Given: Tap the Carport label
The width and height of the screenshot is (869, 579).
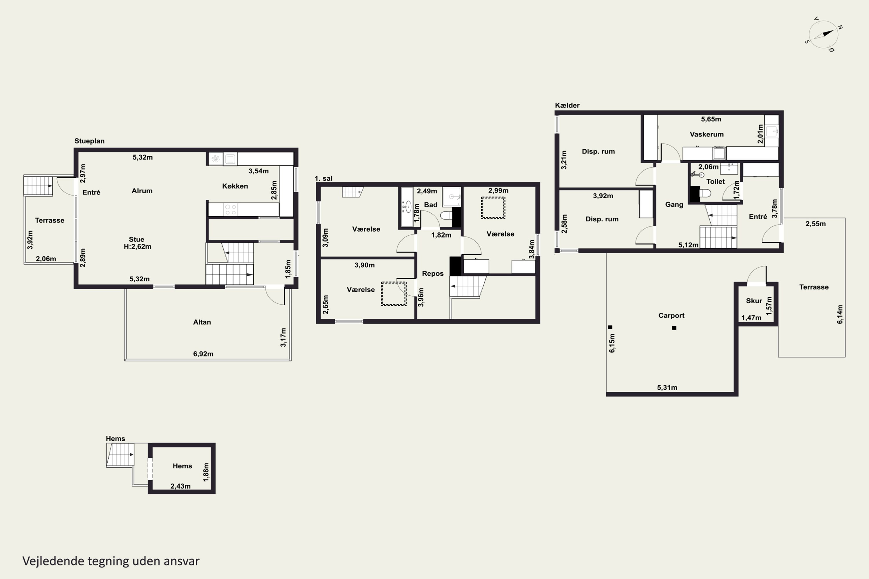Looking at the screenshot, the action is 671,315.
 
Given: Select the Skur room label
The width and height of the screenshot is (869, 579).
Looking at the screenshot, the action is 754,301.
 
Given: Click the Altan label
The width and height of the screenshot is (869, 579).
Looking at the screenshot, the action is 202,322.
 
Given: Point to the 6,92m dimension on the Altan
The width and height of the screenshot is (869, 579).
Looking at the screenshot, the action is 203,354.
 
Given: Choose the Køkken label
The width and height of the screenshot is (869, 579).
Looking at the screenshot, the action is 235,186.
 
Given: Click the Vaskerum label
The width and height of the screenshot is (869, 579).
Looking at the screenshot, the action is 706,134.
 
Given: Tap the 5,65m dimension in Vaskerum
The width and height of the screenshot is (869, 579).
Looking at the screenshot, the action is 711,119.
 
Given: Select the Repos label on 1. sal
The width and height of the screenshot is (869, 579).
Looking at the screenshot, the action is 433,274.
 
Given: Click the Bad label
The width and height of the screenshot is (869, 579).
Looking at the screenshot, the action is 431,205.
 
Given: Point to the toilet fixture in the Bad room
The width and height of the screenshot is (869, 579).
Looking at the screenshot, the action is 446,215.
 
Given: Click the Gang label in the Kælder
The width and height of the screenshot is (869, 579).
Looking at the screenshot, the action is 674,205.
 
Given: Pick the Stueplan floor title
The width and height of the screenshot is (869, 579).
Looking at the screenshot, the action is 90,141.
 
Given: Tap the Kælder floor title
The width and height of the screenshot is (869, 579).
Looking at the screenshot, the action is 567,105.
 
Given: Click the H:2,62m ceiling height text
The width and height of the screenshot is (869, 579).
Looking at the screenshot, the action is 137,247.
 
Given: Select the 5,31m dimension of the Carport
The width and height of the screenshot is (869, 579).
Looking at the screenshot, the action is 667,387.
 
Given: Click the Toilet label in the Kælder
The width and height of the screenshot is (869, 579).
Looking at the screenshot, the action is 715,181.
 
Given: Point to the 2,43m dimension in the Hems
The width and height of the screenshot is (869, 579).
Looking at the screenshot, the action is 180,486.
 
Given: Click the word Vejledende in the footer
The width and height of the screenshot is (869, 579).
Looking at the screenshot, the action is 53,561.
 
